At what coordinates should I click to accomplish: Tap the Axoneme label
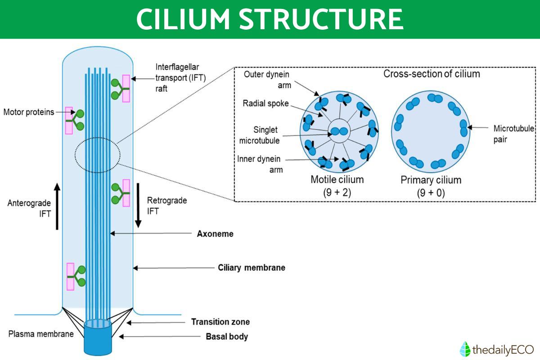coord(215,234)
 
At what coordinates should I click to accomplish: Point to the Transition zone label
coord(220,322)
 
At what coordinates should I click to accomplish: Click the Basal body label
coord(227,336)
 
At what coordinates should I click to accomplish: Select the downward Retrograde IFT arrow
coord(139,205)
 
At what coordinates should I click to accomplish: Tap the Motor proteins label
coord(29,112)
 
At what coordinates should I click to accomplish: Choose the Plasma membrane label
coord(41,334)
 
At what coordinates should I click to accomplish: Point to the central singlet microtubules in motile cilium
coord(338,132)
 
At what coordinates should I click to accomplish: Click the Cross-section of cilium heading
coord(431,74)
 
